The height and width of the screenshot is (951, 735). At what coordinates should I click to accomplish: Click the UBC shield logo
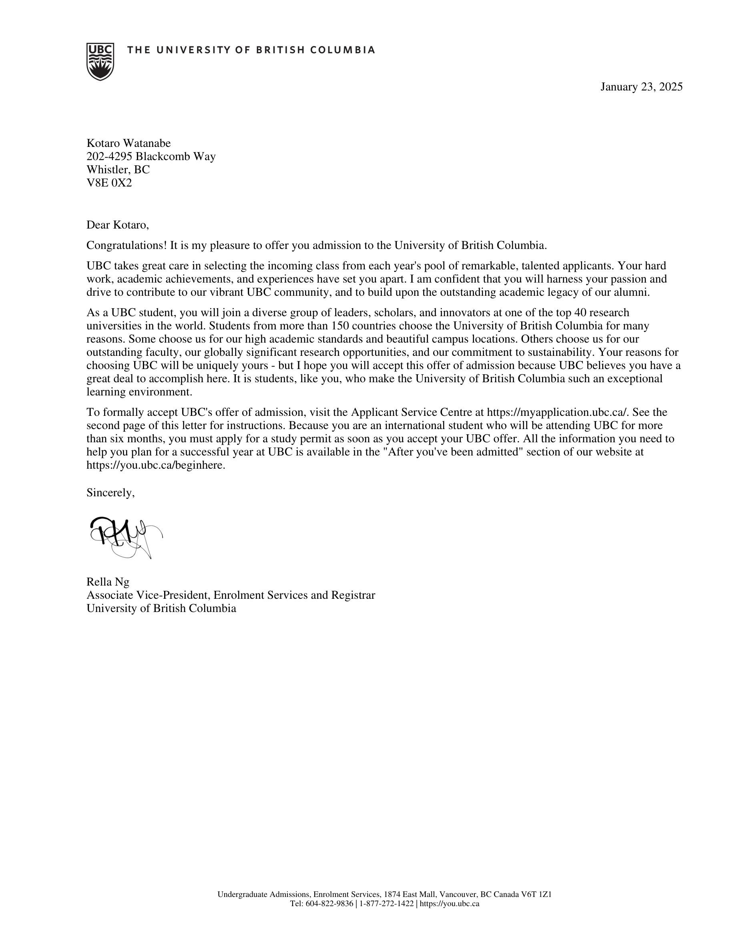tap(100, 61)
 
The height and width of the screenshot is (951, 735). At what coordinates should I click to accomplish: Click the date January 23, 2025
tap(641, 87)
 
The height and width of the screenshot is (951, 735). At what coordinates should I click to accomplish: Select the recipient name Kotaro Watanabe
tap(129, 143)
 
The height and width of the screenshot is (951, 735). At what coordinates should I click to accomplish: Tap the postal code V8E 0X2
tap(109, 183)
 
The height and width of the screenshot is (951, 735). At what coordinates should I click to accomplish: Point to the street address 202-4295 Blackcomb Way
tap(151, 156)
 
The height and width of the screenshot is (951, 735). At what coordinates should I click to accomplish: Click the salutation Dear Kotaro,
tap(118, 225)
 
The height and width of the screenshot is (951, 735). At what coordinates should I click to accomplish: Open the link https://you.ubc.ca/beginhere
tap(155, 465)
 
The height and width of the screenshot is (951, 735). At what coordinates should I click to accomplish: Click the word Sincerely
tap(110, 493)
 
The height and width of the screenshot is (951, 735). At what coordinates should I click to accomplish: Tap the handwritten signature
tap(124, 536)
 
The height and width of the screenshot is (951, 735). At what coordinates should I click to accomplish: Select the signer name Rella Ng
tap(108, 582)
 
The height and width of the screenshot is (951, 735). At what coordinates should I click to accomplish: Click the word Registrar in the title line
tap(353, 595)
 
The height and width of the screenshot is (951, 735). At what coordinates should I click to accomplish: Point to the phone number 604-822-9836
tap(329, 903)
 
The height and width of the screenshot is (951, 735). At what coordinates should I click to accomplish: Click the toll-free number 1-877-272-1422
tap(387, 903)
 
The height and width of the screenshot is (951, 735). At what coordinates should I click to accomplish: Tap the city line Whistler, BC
tap(118, 170)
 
